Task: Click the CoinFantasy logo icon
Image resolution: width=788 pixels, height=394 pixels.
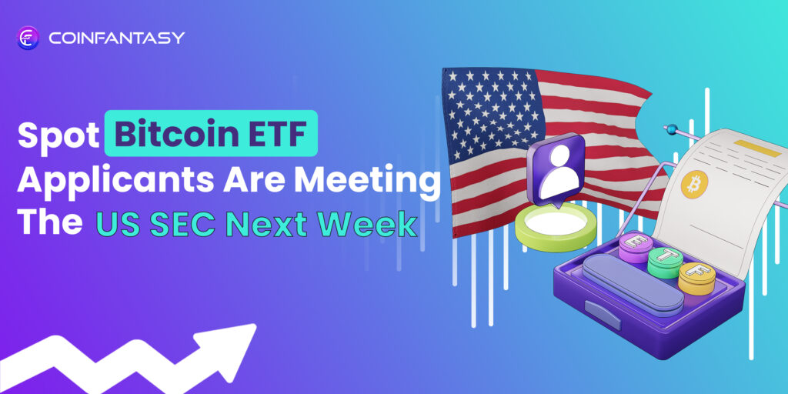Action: point(28,38)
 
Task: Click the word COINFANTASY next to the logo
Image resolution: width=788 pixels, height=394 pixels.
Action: point(115,38)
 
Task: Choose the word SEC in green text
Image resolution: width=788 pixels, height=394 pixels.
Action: point(186,223)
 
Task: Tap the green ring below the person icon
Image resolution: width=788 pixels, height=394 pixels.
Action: point(552,232)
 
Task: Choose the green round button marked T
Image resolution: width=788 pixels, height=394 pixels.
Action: point(665,259)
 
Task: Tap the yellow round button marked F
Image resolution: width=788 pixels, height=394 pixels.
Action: point(696,275)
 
